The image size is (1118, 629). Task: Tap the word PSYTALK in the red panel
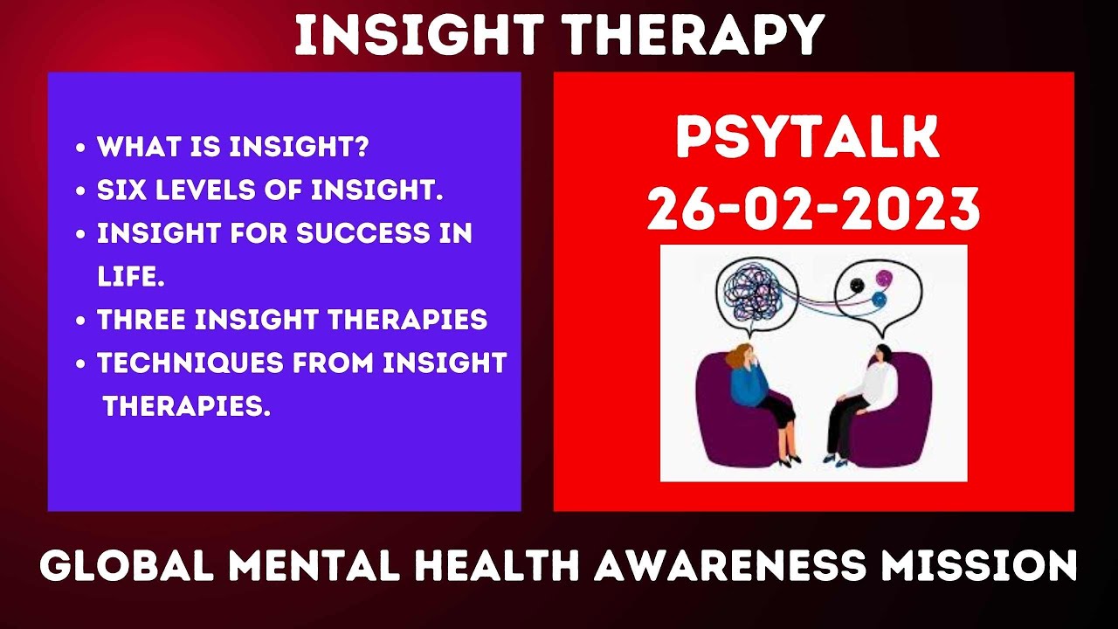(x=807, y=139)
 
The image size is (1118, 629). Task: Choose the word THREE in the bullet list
(x=141, y=320)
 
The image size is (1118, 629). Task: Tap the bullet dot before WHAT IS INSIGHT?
(x=81, y=148)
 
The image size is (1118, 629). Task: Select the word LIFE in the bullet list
(x=128, y=278)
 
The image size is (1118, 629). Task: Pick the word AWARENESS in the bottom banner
(x=733, y=566)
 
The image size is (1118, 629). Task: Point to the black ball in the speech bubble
(x=857, y=284)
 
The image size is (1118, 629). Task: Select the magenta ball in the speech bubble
(x=883, y=280)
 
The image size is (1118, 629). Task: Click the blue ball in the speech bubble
(x=879, y=300)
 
